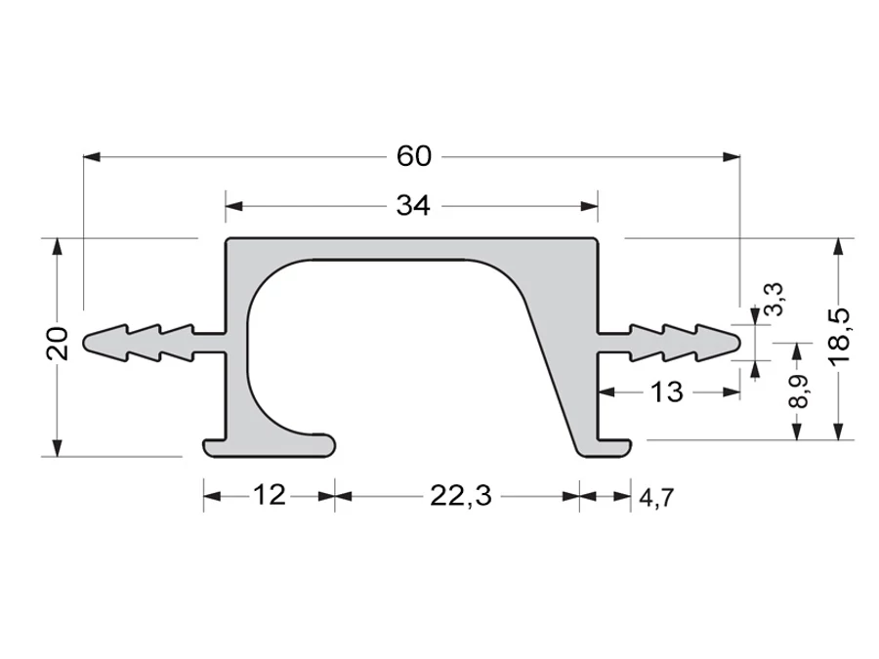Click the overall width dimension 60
414,156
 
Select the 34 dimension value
413,206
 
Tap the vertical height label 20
58,343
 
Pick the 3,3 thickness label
774,300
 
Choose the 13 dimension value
666,391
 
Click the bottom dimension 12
270,495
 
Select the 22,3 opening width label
460,496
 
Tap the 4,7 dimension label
656,498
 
